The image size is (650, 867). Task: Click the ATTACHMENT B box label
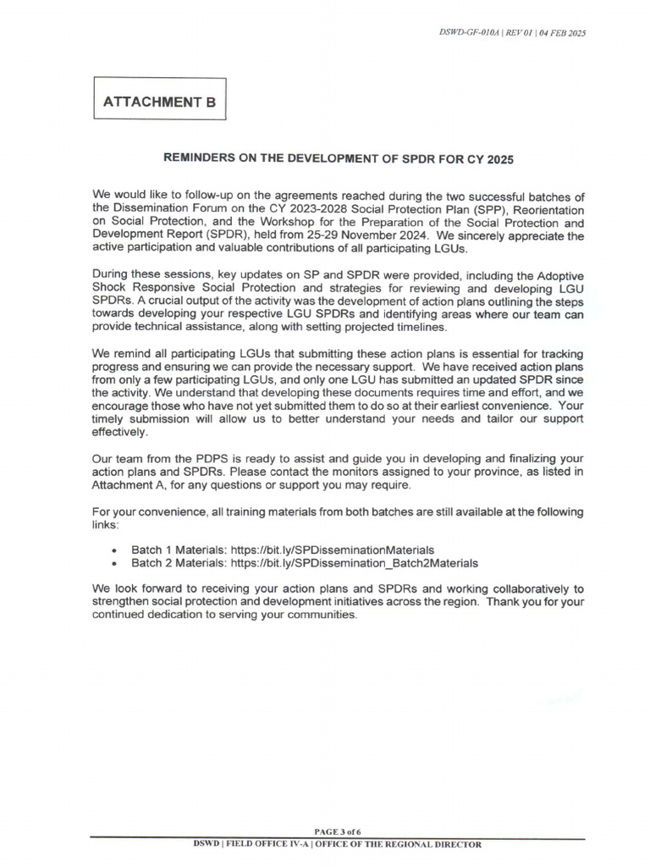pyautogui.click(x=159, y=102)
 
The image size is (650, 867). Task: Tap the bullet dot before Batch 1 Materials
pyautogui.click(x=114, y=549)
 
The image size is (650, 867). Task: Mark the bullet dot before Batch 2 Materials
pyautogui.click(x=114, y=563)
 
